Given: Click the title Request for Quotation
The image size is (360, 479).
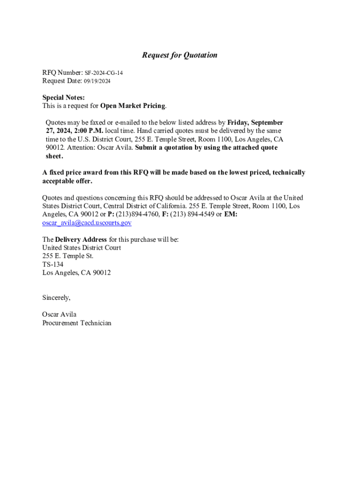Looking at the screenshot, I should (x=180, y=55).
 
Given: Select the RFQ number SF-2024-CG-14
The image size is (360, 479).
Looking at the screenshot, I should (x=104, y=73).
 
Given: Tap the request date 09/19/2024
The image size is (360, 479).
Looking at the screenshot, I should (x=97, y=81).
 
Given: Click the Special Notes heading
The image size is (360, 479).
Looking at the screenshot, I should (x=64, y=97).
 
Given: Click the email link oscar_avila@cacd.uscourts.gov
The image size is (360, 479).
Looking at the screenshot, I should (x=86, y=223).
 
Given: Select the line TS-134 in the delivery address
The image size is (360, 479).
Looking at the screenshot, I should (x=53, y=264).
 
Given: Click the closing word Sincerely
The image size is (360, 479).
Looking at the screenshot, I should (x=56, y=298).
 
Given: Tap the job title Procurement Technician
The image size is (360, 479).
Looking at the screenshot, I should (x=77, y=323).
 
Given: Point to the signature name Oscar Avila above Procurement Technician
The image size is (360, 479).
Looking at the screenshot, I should (x=59, y=314).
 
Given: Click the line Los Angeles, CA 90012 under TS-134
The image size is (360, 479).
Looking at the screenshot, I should (x=76, y=273).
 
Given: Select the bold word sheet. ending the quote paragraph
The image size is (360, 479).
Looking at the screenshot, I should (x=54, y=156).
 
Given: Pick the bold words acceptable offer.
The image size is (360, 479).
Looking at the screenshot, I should (x=67, y=181).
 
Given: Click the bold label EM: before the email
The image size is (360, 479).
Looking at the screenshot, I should (x=231, y=214).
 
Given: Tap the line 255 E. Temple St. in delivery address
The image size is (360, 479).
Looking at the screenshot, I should (x=68, y=256).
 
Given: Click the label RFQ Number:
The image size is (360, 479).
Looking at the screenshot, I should (x=63, y=73).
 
